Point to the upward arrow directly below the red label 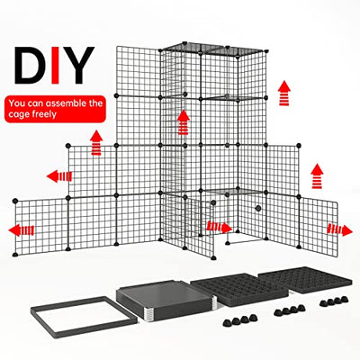click(x=94, y=140)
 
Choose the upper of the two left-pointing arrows click(x=59, y=175)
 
